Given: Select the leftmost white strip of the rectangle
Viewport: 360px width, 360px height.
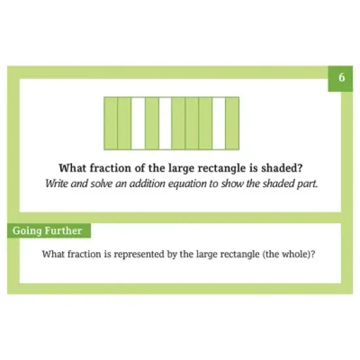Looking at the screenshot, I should click(x=138, y=122).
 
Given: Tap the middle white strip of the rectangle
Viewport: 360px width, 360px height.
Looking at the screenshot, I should click(x=165, y=122).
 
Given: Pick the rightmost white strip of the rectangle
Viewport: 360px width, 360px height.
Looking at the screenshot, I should click(x=219, y=122).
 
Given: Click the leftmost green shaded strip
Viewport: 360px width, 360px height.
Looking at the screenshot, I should click(x=111, y=122).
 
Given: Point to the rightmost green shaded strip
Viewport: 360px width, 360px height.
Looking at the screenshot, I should click(x=232, y=122).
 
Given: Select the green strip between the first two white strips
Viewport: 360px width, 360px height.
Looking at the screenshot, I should click(x=152, y=122).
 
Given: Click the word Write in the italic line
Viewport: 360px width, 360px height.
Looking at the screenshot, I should click(x=57, y=183).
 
